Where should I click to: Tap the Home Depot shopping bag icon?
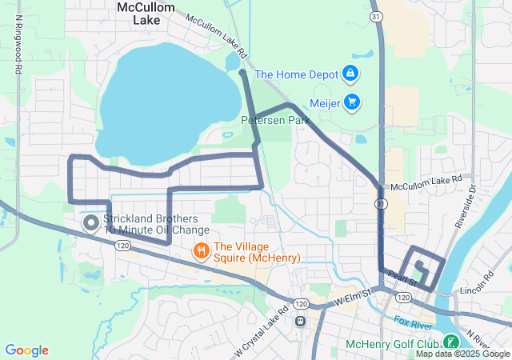(x=350, y=74)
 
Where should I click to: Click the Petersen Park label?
(x=275, y=120)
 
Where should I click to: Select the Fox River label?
(x=414, y=323)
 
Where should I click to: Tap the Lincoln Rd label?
(x=478, y=281)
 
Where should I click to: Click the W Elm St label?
(x=354, y=297)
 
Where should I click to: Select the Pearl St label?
(x=402, y=279)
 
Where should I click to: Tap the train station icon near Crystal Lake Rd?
(x=301, y=322)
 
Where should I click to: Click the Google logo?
(x=27, y=350)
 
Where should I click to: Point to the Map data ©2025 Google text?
(x=462, y=354)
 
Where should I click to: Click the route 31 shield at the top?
(x=375, y=16)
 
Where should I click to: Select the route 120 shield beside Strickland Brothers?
(x=122, y=246)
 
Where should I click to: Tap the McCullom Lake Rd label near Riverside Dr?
(x=426, y=183)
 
